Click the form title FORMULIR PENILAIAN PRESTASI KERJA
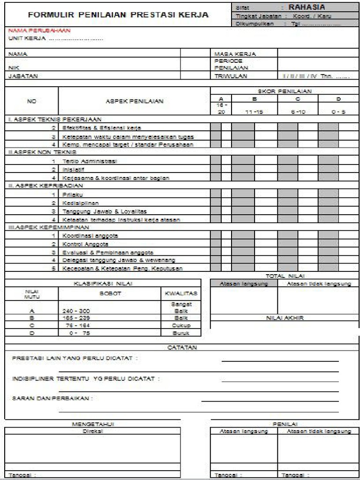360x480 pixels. pyautogui.click(x=118, y=15)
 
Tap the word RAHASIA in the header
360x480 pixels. pyautogui.click(x=307, y=7)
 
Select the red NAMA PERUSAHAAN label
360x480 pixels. pyautogui.click(x=39, y=30)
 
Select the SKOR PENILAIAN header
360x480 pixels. pyautogui.click(x=285, y=91)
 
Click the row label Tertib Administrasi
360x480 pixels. pyautogui.click(x=90, y=161)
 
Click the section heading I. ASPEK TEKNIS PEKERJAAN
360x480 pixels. pyautogui.click(x=54, y=119)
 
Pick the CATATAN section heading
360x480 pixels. pyautogui.click(x=182, y=347)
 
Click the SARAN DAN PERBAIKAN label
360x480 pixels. pyautogui.click(x=52, y=398)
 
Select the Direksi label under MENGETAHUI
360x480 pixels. pyautogui.click(x=92, y=430)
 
